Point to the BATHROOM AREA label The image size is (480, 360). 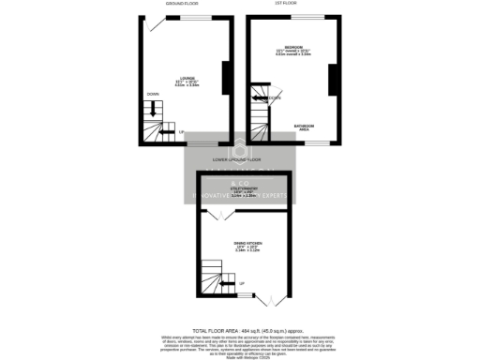[x=304, y=127]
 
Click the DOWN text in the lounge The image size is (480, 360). [x=152, y=94]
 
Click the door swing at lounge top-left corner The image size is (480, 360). [x=155, y=23]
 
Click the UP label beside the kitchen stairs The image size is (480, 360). [x=242, y=284]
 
